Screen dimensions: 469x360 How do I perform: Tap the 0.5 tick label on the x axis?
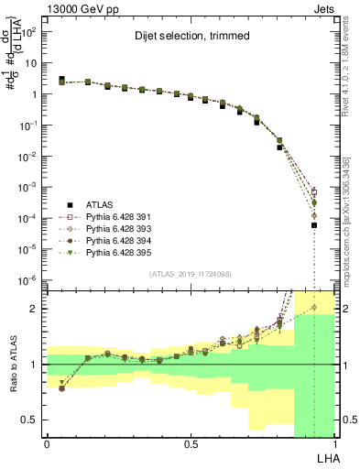click(x=191, y=444)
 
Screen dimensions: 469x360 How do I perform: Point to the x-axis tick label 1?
click(x=335, y=444)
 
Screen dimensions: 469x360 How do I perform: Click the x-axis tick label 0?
click(x=48, y=444)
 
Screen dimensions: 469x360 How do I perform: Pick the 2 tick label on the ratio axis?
click(x=33, y=309)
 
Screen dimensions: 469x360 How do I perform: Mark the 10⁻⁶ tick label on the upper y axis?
click(x=28, y=278)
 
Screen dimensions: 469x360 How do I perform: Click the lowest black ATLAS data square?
click(x=314, y=225)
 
